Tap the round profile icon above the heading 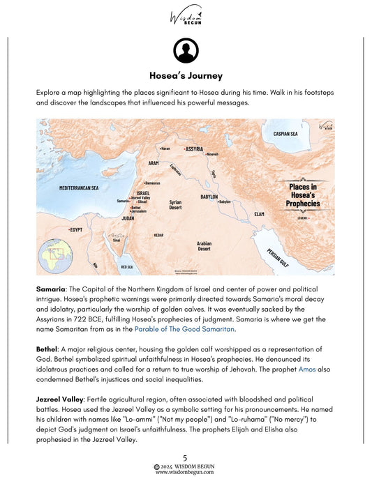pos(186,50)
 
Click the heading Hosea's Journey pos(186,76)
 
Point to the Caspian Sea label pos(286,133)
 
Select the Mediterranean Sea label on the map pos(79,188)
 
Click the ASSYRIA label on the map pos(194,149)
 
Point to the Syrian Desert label pos(175,205)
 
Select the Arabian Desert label pos(204,245)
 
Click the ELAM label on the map pos(259,213)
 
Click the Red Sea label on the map pos(127,266)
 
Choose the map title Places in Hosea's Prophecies pos(302,195)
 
